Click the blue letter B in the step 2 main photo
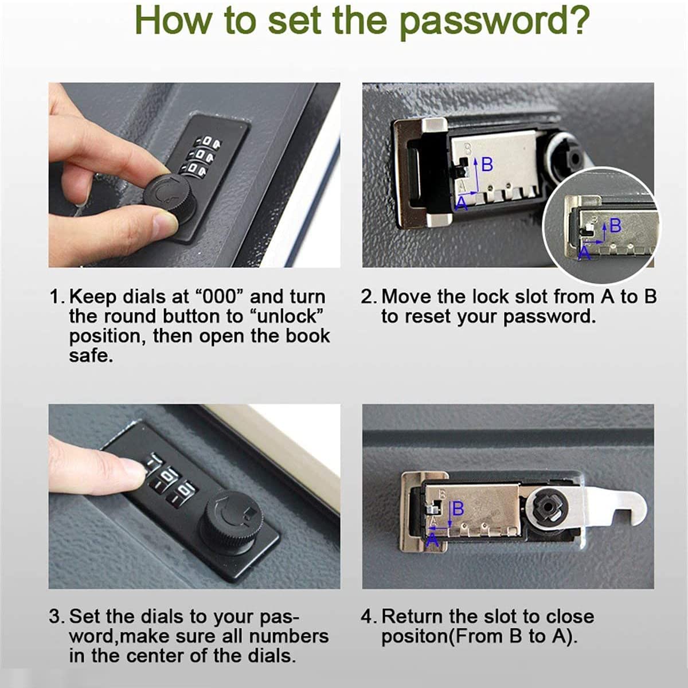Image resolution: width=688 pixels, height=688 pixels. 487,165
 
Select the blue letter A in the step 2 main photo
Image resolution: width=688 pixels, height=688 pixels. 462,204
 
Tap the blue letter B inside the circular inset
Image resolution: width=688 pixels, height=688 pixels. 615,225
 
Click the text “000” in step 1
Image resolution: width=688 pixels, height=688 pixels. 220,296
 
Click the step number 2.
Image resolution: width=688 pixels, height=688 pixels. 368,296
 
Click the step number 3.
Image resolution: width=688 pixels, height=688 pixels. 56,616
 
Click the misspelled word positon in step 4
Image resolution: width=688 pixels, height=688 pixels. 414,637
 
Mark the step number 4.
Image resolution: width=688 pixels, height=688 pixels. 368,616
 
